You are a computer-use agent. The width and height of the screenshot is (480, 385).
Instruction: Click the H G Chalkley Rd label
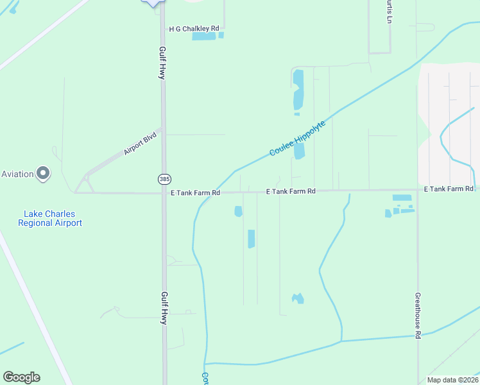[x=194, y=29]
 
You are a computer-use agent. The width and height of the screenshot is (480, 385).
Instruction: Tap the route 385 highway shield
[x=164, y=178]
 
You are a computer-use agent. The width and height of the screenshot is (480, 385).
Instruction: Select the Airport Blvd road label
[x=141, y=148]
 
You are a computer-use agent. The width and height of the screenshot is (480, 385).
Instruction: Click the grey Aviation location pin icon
[x=43, y=173]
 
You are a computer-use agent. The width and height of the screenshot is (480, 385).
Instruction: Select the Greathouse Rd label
[x=417, y=316]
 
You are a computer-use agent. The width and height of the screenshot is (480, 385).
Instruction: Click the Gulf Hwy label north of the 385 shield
[x=162, y=62]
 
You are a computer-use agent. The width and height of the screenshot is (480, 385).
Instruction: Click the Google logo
[x=21, y=377]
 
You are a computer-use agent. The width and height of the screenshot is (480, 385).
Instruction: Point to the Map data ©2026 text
[x=452, y=380]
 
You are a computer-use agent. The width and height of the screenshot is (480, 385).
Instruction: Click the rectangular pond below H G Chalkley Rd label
[x=204, y=37]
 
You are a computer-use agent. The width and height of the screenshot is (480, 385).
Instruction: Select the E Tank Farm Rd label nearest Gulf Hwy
[x=195, y=193]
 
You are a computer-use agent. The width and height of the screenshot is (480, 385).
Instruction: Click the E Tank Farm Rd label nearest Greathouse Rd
[x=449, y=189]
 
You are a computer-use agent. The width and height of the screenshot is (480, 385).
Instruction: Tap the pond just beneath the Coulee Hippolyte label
[x=299, y=151]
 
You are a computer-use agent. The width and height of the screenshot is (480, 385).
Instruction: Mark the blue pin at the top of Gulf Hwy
[x=152, y=2]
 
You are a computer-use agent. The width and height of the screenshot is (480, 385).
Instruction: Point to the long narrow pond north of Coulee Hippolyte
[x=298, y=90]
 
